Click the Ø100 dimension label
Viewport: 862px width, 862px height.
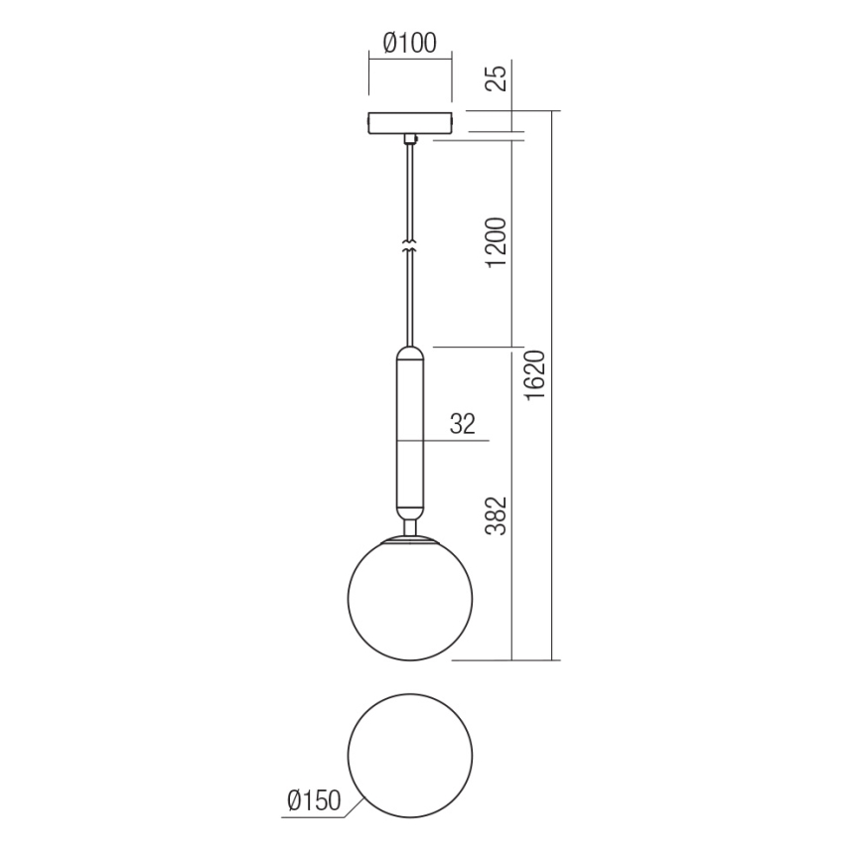tap(409, 43)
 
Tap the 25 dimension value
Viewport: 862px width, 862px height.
tap(500, 76)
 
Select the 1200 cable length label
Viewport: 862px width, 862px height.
tap(500, 242)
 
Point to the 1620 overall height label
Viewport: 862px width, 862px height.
tap(537, 376)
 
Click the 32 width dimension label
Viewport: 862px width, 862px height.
tap(463, 424)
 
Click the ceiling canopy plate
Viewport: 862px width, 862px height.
tap(409, 122)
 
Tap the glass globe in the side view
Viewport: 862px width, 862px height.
tap(409, 600)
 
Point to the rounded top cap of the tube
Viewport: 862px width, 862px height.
tap(409, 353)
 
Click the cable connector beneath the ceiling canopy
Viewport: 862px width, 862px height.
tap(409, 140)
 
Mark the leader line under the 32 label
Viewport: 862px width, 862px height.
tap(452, 440)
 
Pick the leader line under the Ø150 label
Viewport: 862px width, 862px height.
tap(318, 817)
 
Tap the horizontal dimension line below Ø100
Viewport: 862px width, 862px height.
tap(409, 59)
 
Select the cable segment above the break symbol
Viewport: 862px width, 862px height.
tap(409, 194)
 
